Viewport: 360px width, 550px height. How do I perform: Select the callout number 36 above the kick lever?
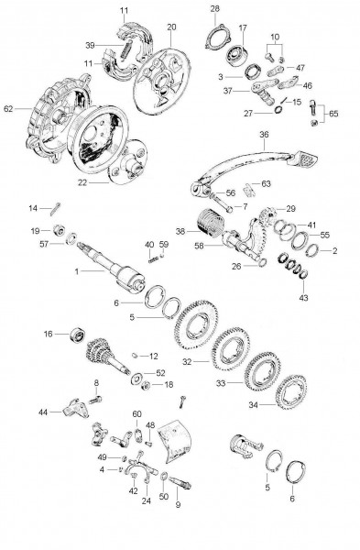pos(264,136)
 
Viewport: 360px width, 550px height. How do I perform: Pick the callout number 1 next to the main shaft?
pos(77,272)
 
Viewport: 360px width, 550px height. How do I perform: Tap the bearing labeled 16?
pos(76,335)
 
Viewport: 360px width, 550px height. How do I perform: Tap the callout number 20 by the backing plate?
pos(172,27)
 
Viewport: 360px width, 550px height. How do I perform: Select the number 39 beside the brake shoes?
pos(89,44)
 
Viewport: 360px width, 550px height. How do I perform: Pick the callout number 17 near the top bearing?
pos(243,27)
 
